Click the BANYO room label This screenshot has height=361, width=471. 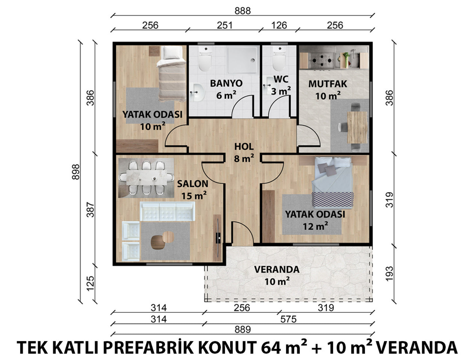click(x=226, y=83)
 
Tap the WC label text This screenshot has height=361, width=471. click(x=281, y=79)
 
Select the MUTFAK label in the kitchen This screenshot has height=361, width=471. click(x=328, y=84)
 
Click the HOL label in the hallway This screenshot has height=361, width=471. click(x=244, y=147)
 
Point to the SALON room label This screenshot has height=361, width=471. click(x=193, y=184)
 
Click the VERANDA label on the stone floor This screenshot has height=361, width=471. click(x=277, y=269)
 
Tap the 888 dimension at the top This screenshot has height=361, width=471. click(x=243, y=11)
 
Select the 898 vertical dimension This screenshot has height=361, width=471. click(x=76, y=172)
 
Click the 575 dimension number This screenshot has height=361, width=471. click(x=288, y=319)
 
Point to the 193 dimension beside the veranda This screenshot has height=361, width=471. click(x=389, y=274)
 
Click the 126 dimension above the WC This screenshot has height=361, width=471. click(x=279, y=25)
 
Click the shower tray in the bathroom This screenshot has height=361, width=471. click(x=243, y=60)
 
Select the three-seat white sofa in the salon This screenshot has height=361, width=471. click(x=167, y=211)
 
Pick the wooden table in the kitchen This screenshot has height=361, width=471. click(x=357, y=128)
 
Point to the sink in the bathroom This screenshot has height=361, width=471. click(x=198, y=93)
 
